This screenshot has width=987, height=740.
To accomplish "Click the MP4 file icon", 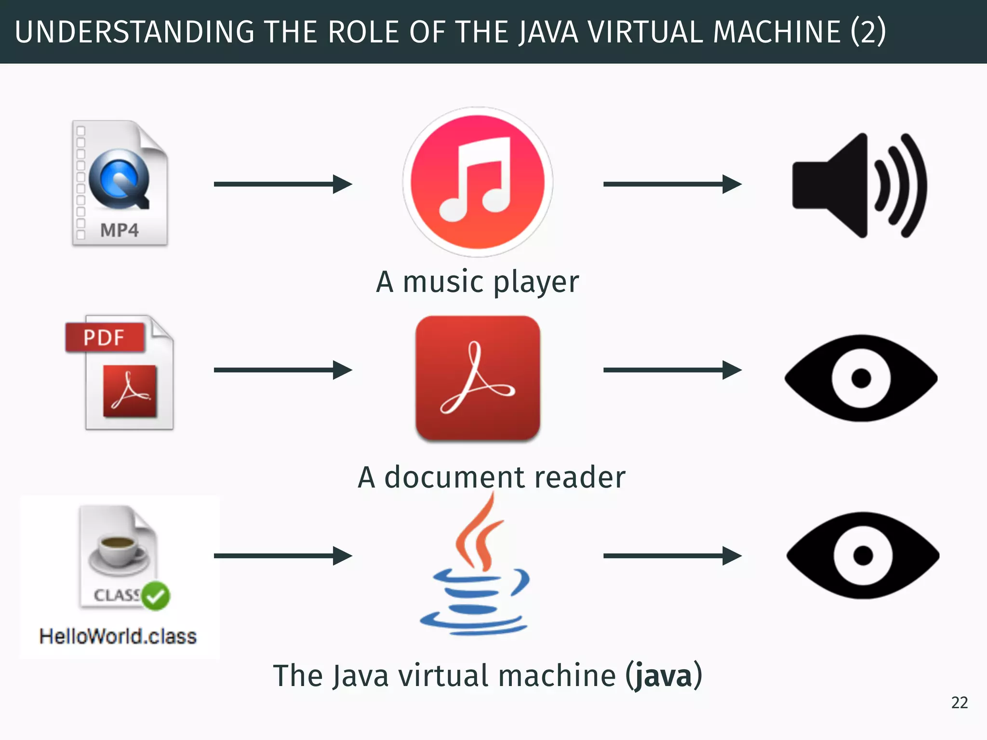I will tap(120, 183).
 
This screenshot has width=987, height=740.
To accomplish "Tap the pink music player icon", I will tap(478, 182).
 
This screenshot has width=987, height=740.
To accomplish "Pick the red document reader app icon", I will tap(478, 378).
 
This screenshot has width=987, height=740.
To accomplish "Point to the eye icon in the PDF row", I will tap(861, 378).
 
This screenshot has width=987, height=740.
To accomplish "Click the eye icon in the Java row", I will tap(863, 555).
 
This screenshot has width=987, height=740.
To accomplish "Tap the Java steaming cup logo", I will tap(475, 568).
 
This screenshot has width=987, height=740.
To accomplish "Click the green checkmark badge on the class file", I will tap(156, 596).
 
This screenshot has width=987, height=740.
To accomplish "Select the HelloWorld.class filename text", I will tap(118, 636).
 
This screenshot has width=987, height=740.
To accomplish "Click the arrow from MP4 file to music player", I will tap(283, 184).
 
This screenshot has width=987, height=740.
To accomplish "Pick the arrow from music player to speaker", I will tap(672, 184).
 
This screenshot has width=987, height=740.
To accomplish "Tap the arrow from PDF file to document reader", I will tap(283, 370).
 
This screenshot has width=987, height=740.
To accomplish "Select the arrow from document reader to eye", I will tap(672, 370).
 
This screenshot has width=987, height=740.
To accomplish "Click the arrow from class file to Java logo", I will tap(283, 555).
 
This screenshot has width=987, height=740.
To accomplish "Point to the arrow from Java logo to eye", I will tap(672, 555).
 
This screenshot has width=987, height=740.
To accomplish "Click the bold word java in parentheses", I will tap(663, 676).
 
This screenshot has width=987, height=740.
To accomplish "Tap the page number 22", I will tap(959, 703).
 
